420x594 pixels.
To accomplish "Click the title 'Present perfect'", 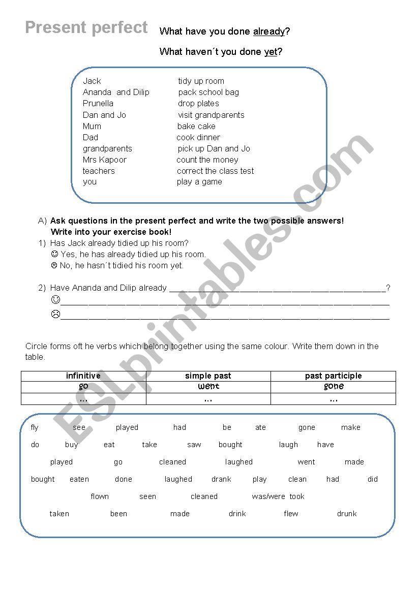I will click(86, 27).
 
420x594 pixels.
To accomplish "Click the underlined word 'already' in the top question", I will click(269, 32).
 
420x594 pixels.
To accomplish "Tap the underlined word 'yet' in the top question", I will click(271, 52).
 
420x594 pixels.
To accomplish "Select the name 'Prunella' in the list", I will click(98, 104).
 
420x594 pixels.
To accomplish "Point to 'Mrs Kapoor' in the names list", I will click(105, 160).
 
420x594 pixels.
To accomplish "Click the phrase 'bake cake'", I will click(196, 127).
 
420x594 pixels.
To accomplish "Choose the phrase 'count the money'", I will click(207, 160).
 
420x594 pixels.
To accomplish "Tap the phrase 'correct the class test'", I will click(215, 171).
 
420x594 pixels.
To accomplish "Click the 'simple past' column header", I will click(208, 376).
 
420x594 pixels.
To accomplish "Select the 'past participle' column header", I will click(333, 376).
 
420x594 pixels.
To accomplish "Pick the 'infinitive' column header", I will click(83, 376).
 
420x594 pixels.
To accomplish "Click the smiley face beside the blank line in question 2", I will click(56, 300).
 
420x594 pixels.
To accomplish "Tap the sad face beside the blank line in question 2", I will click(56, 314).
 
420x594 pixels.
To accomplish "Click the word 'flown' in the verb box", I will click(100, 496).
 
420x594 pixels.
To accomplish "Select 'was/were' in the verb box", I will click(268, 496).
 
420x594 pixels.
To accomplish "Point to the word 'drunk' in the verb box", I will click(347, 514).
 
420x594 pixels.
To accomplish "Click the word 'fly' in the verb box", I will click(35, 428).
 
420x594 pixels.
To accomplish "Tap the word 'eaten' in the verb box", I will click(79, 479).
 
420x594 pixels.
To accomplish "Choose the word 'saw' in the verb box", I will click(194, 445).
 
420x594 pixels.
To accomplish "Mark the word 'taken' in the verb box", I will click(59, 514).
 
